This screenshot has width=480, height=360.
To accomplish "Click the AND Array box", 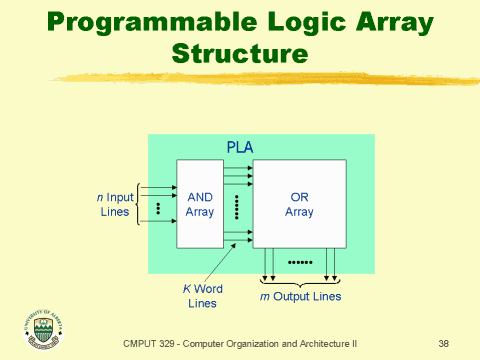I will [199, 204].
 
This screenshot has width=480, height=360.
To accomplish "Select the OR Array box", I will [299, 204].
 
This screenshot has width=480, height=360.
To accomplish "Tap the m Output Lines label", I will [301, 296].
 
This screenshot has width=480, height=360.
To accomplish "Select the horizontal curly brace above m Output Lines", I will [300, 283].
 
